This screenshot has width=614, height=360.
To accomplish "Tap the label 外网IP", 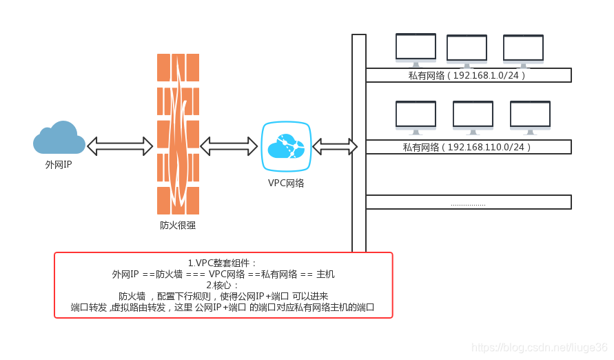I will click(x=59, y=165).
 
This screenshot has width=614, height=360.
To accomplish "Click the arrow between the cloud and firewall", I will click(x=120, y=146).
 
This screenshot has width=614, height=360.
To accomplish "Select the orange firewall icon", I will click(x=178, y=134).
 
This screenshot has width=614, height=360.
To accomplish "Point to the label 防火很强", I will click(x=178, y=225).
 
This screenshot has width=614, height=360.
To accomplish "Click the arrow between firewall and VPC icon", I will click(x=229, y=146).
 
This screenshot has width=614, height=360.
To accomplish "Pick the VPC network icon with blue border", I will click(x=286, y=146).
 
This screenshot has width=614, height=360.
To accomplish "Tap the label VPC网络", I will click(x=286, y=183).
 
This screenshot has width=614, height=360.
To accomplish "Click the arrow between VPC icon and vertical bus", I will click(x=335, y=146).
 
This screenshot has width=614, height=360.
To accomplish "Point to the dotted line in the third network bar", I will click(x=468, y=203).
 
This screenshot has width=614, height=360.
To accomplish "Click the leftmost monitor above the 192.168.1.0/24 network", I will click(x=416, y=49).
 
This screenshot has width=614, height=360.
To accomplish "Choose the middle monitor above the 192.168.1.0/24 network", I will click(x=467, y=50).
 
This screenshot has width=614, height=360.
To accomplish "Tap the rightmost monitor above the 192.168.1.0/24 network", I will click(x=523, y=50).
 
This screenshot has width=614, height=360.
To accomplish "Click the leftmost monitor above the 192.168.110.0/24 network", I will click(x=416, y=117).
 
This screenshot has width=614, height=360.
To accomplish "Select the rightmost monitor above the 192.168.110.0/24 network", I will click(x=530, y=117).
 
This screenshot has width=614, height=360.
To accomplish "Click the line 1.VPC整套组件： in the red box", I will click(x=223, y=263).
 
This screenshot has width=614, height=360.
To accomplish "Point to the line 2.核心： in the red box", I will click(x=223, y=285).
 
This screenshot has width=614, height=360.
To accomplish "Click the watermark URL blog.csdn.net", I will click(x=540, y=347).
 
